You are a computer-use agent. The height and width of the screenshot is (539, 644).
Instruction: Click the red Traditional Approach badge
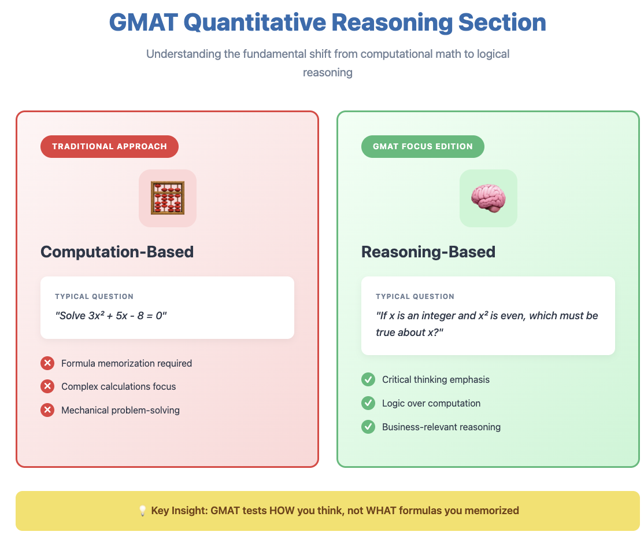109,146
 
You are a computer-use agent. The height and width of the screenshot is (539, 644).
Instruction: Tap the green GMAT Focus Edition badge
423,146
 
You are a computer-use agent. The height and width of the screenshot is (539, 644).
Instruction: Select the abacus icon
168,198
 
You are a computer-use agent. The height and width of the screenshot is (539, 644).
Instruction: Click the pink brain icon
488,198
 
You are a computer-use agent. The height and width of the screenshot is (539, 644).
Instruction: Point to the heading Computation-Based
117,252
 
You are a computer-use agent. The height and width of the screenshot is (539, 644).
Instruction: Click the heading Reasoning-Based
428,252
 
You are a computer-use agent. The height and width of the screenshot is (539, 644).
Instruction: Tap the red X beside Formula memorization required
47,363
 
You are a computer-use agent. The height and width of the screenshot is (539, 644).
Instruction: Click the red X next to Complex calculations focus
47,386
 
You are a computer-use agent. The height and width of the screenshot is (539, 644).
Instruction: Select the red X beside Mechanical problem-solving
47,410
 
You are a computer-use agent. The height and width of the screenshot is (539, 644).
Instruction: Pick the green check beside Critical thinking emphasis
368,379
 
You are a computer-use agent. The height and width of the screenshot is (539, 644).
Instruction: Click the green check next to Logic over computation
368,403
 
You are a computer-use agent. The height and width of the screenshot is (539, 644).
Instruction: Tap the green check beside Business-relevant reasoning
368,427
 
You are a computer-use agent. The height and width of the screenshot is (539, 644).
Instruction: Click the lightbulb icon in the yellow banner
142,511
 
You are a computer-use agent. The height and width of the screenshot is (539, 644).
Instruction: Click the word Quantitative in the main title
254,22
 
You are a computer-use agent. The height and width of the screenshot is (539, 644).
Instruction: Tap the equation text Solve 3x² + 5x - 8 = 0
111,316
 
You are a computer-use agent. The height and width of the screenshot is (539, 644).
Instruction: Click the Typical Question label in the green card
415,297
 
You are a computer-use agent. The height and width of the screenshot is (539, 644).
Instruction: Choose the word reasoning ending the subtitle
328,73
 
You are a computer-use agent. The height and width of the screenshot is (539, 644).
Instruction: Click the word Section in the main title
502,22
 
